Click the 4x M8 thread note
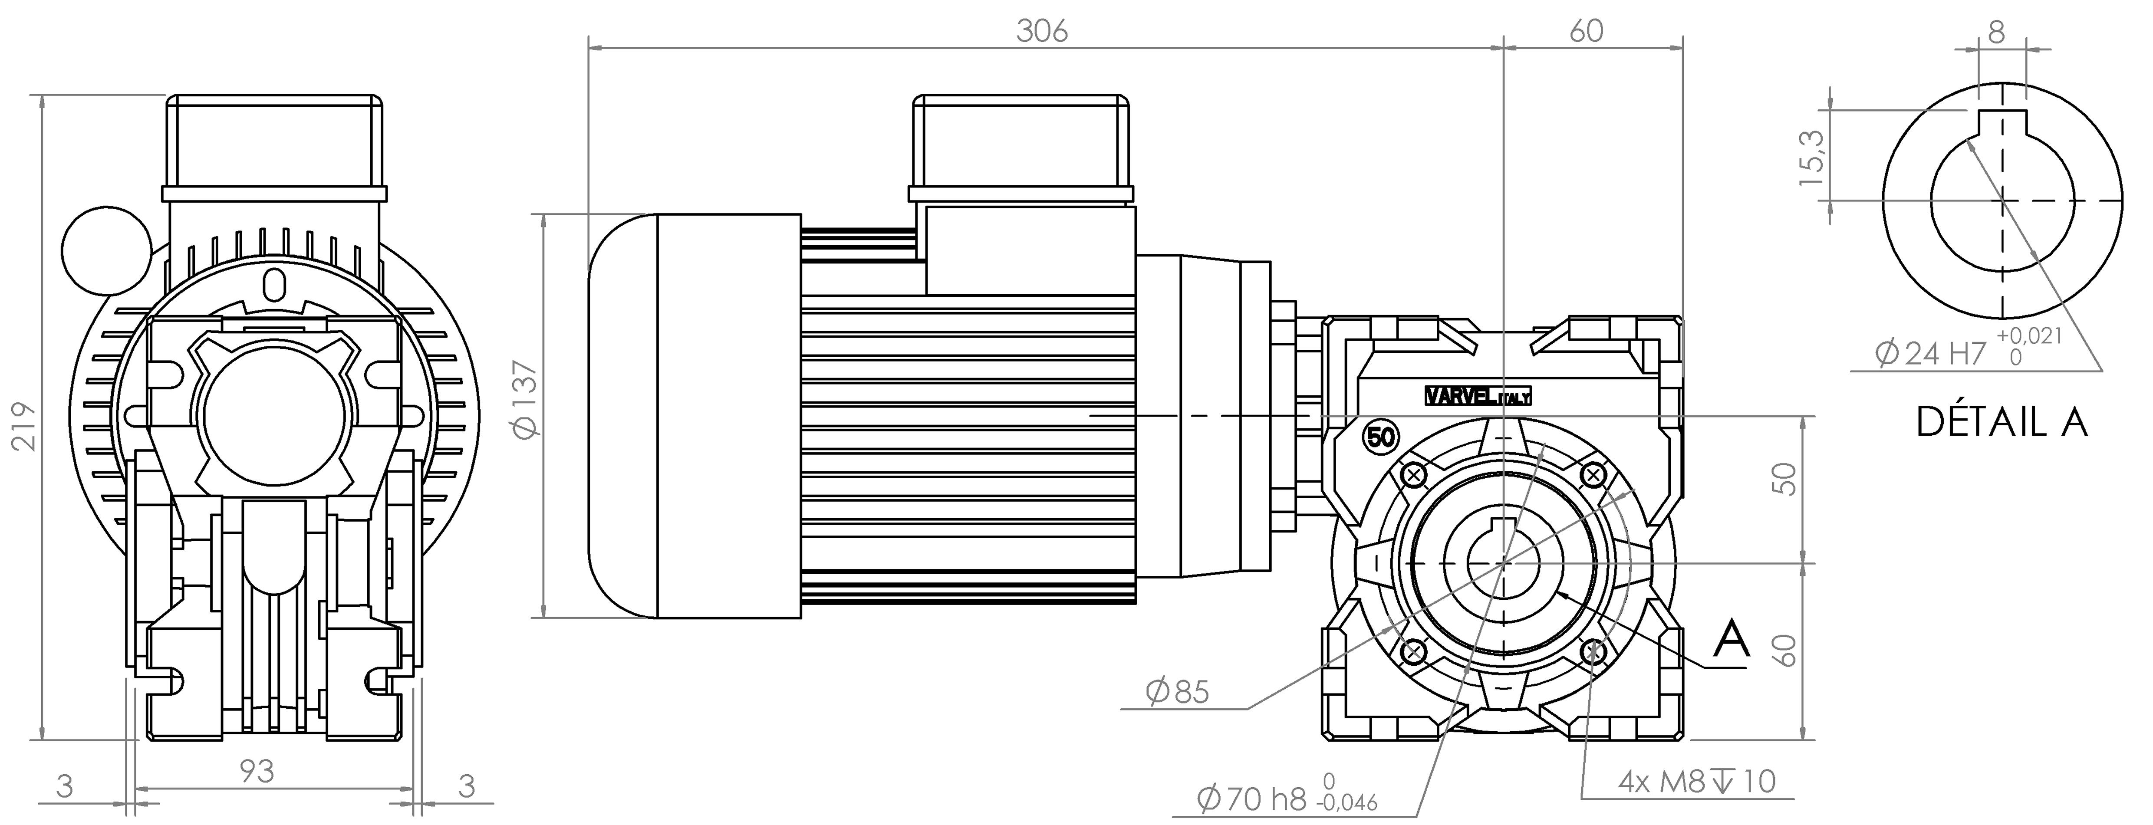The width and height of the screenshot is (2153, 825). (x=1697, y=782)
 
